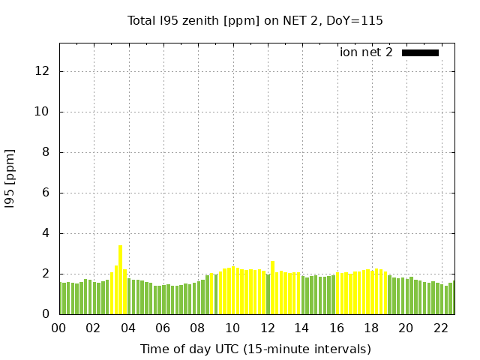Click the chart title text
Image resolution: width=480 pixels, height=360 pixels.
click(255, 21)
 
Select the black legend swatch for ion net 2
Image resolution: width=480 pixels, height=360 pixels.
click(420, 52)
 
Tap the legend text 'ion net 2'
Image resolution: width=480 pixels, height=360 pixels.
click(366, 52)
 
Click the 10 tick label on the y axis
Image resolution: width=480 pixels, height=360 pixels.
click(43, 112)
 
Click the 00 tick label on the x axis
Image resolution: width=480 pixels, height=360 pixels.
click(59, 328)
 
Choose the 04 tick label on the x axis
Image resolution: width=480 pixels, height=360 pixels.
click(128, 328)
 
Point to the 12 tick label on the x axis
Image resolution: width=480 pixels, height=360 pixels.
click(267, 328)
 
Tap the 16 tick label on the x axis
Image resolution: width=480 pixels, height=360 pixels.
click(336, 328)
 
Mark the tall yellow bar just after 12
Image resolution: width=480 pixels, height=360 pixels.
click(272, 287)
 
